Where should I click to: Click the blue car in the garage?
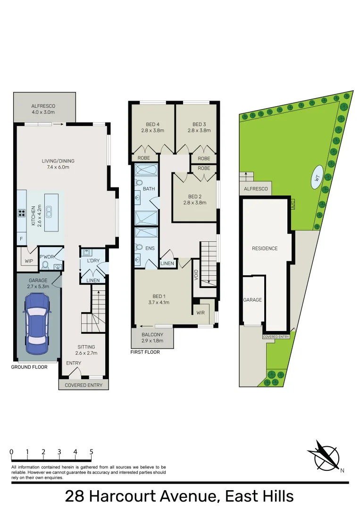(x=37, y=323)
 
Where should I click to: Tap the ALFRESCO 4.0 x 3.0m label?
(x=43, y=109)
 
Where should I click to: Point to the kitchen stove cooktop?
(x=21, y=213)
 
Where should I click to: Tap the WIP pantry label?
(x=29, y=261)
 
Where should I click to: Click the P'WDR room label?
(x=47, y=256)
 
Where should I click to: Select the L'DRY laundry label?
(x=93, y=261)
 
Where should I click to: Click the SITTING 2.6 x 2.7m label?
(x=86, y=349)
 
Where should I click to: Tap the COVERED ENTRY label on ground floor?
(x=84, y=385)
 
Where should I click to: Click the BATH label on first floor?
(x=149, y=188)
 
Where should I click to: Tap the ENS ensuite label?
(x=150, y=248)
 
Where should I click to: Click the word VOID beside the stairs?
(x=196, y=275)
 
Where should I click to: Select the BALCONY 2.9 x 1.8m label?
(x=152, y=338)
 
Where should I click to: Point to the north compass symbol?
(x=325, y=457)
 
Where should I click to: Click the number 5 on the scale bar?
(x=92, y=451)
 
